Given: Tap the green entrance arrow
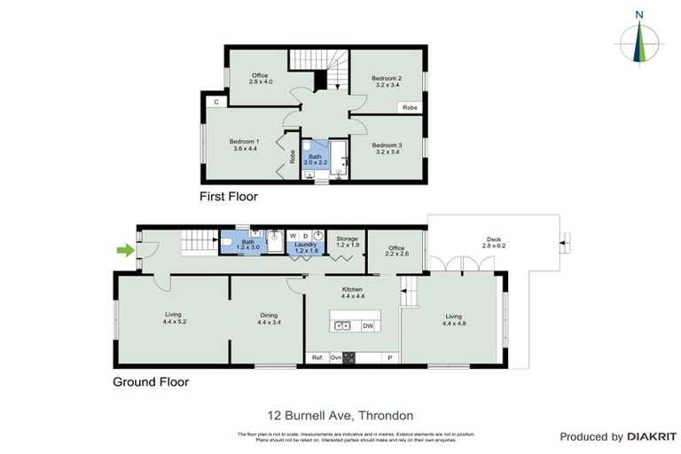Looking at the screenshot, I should coord(126,251).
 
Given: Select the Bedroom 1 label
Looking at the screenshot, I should coord(244,145).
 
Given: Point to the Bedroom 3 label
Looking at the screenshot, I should coord(387,149).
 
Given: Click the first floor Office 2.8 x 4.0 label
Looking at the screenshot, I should coord(260,79).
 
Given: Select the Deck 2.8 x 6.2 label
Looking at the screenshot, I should coord(493,241).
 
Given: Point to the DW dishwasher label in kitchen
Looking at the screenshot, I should coord(368,326).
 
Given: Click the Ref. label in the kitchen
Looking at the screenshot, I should coord(317,357).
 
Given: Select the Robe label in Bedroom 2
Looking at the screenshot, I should coord(410,107).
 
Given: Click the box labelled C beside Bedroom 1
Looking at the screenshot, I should coord(215,102).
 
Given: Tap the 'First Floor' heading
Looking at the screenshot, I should coord(229,197).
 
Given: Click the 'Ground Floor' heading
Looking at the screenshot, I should coord(150,383).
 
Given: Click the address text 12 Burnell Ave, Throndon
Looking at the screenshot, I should coord(340,415).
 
